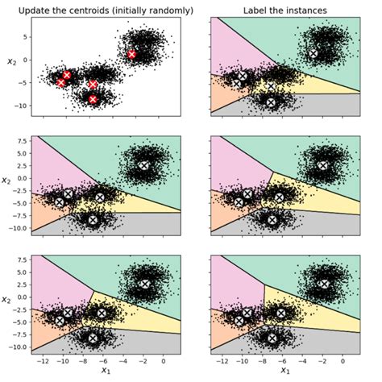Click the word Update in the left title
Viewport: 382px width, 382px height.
tap(29, 9)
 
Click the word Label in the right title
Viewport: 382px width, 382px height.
tap(256, 9)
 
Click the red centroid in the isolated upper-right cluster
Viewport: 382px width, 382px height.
tap(132, 54)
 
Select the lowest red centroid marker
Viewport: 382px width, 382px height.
tap(93, 99)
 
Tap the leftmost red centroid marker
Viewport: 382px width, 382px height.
tap(61, 82)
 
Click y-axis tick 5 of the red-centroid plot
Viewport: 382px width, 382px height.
tap(25, 35)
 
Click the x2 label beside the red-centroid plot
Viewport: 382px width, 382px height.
tap(10, 61)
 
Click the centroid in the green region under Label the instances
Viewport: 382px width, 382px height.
tap(313, 54)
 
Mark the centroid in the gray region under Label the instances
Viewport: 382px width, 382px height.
tap(271, 102)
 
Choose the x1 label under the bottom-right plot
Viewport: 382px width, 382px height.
tap(284, 372)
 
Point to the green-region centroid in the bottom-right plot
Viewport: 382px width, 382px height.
tap(323, 284)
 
